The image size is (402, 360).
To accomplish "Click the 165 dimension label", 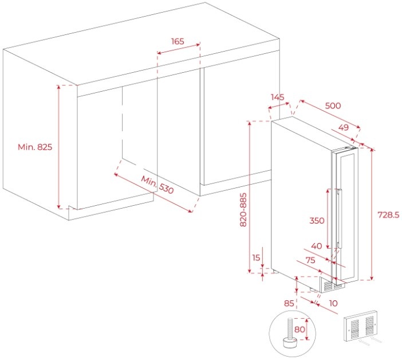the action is click(x=178, y=41).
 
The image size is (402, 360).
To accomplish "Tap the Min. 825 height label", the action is click(x=35, y=147).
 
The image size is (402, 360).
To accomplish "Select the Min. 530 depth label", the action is click(x=157, y=185).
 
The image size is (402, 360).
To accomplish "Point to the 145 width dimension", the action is click(x=278, y=97).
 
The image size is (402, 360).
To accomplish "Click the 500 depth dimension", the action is click(x=333, y=105).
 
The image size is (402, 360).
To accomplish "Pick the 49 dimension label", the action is click(x=344, y=127).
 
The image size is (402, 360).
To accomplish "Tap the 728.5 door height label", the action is click(x=388, y=215).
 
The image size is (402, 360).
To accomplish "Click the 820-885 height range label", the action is click(x=243, y=210).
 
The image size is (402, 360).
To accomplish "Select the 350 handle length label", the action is click(x=317, y=220).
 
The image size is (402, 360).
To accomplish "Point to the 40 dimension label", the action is click(x=317, y=246).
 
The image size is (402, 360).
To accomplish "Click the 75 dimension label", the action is click(x=310, y=260).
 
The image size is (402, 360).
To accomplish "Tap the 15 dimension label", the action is click(x=256, y=257).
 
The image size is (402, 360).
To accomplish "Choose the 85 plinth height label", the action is click(x=289, y=303).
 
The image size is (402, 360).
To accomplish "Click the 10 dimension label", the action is click(x=333, y=303).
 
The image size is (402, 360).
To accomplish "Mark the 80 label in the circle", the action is click(x=299, y=329).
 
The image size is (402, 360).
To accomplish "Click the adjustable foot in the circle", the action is click(x=289, y=334).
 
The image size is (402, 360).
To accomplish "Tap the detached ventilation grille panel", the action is click(x=361, y=326).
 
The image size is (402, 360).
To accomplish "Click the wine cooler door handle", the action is click(x=339, y=218).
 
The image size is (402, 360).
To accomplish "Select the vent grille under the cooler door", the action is click(x=333, y=285).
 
